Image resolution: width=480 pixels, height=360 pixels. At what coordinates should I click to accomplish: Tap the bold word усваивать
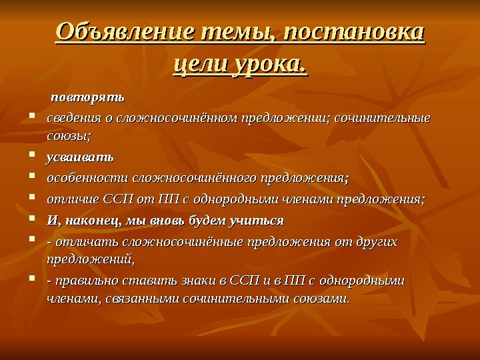coord(79,158)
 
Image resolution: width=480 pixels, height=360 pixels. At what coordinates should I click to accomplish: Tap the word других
coord(375,241)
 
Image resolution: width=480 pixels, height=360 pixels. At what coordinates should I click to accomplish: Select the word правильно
coord(85,281)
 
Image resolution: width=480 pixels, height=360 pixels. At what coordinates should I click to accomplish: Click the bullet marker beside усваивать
coord(33,158)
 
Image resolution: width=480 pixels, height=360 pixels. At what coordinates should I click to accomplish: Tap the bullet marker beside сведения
coord(33,118)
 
